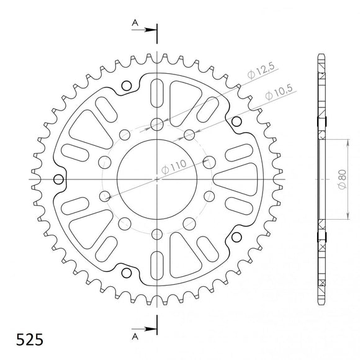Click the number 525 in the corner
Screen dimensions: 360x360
point(25,340)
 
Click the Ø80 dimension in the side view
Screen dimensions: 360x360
point(341,178)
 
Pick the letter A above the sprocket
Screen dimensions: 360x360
point(133,24)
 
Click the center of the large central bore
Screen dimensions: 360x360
point(156,179)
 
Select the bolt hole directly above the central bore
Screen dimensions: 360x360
point(156,123)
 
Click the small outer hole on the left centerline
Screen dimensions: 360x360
point(59,180)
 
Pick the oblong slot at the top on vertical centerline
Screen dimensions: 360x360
point(156,91)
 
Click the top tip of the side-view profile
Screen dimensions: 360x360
point(321,56)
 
